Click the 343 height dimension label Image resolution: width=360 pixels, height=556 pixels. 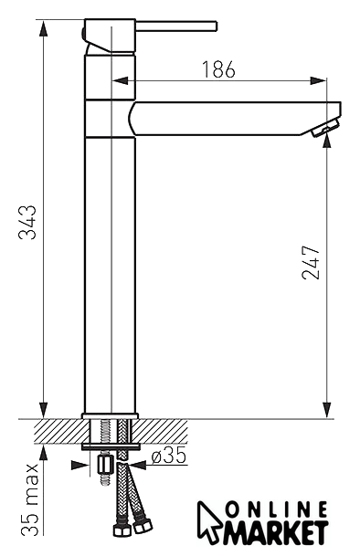27,223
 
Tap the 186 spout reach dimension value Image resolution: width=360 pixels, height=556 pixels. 218,69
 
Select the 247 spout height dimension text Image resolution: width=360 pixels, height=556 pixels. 311,262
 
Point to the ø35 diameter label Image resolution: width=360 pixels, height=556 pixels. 169,456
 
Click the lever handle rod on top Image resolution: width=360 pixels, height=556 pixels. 176,26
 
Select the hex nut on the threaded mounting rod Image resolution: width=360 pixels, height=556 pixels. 105,466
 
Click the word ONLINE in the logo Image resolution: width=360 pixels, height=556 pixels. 277,510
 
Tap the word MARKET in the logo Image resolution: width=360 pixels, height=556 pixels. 275,532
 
